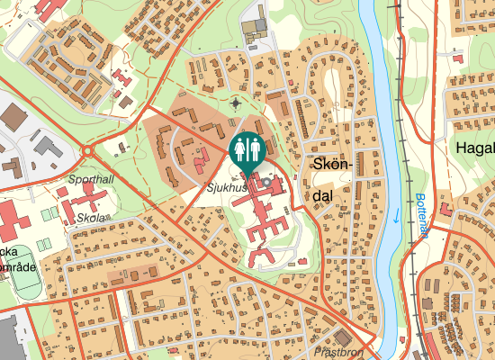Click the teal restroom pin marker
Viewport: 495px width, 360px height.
point(247,149)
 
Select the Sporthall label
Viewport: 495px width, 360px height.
point(91,179)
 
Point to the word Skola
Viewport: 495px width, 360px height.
point(92,218)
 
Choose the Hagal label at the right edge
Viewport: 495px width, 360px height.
point(475,148)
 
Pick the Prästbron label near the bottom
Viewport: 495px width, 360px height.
point(338,353)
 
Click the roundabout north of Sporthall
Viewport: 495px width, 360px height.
point(90,151)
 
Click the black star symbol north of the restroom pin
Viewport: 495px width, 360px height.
point(236,103)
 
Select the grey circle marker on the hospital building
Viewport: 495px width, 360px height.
point(266,184)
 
